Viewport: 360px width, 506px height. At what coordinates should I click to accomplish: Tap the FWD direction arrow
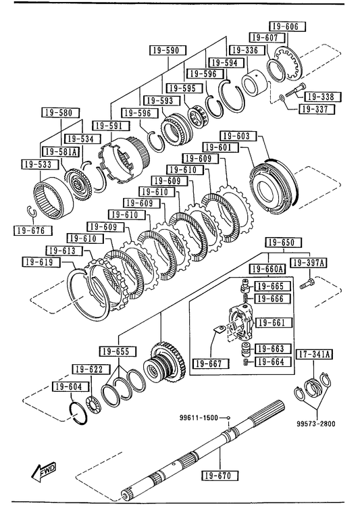click(x=43, y=472)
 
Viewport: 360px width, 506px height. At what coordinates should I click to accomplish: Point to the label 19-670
click(x=221, y=476)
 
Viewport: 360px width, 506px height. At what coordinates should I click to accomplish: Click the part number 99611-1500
click(x=199, y=418)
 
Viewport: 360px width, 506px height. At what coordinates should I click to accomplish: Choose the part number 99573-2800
click(x=316, y=424)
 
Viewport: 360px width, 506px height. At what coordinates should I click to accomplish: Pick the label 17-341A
click(x=314, y=354)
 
